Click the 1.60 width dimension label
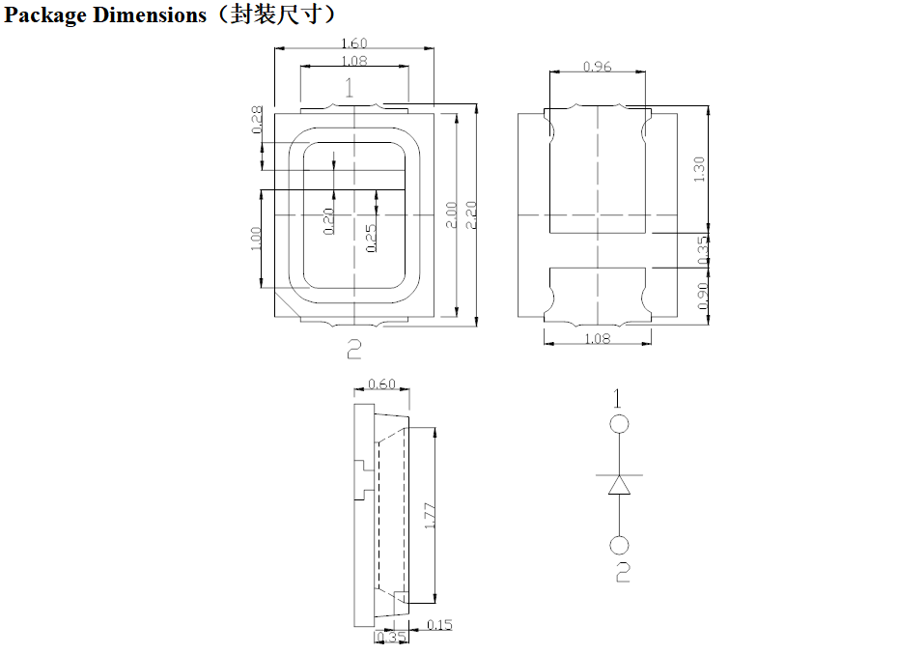coord(354,43)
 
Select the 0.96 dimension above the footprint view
coord(598,67)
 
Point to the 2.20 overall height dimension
coord(471,215)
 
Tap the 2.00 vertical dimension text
coord(451,215)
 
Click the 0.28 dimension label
coord(258,120)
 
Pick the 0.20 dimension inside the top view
coord(328,221)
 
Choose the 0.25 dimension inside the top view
coord(371,238)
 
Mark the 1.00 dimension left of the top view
coord(255,240)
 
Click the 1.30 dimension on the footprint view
coord(698,169)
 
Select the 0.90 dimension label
coord(703,296)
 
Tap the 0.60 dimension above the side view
coord(381,384)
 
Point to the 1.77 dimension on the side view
coord(431,516)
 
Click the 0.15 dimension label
coord(439,625)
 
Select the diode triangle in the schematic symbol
coord(619,486)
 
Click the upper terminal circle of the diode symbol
coord(619,424)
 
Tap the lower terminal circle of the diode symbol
coord(619,545)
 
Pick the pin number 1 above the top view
coord(349,88)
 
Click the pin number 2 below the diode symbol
coord(623,572)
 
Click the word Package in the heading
coord(45,15)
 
